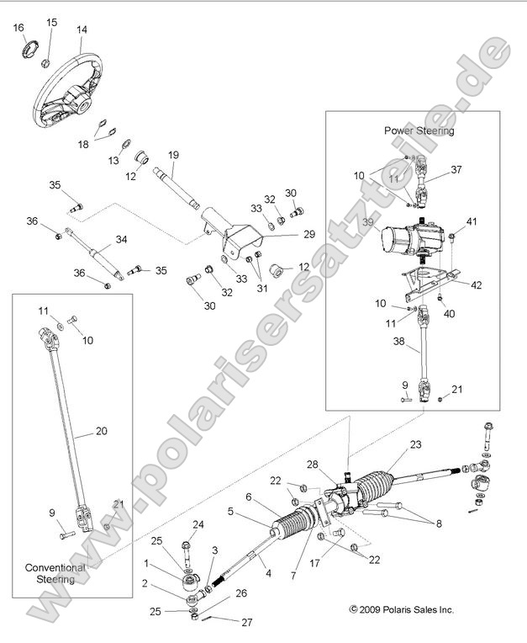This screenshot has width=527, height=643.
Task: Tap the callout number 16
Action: (18, 28)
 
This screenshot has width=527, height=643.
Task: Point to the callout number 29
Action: (285, 234)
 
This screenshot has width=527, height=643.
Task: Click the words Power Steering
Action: (419, 130)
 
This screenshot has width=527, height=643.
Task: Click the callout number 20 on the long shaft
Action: (101, 431)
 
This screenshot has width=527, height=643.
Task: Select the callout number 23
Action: (414, 444)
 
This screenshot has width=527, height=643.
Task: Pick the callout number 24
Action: (198, 524)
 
